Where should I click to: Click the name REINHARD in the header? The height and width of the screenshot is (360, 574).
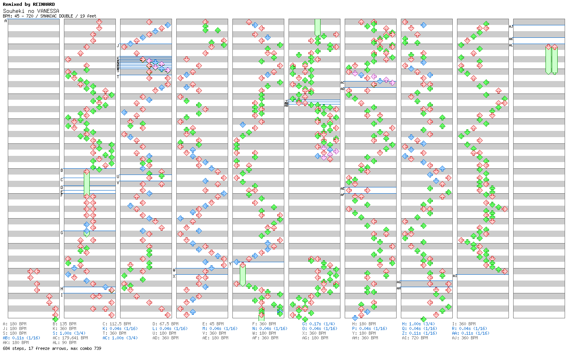coord(44,4)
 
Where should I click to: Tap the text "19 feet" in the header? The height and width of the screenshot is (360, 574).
coord(88,16)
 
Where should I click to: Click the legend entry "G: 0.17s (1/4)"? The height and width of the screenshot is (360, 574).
coord(319,324)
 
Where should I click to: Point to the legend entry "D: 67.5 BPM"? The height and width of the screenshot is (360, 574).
coord(165,324)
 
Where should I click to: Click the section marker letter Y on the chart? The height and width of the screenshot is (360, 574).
coord(230,264)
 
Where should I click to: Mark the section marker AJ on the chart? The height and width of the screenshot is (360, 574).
coord(511,26)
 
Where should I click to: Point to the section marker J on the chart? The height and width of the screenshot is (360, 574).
coord(118,46)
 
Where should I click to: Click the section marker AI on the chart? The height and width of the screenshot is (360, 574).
coord(455,276)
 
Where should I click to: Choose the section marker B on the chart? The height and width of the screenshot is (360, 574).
coord(62,170)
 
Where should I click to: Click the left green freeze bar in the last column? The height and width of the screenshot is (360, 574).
coord(548,59)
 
